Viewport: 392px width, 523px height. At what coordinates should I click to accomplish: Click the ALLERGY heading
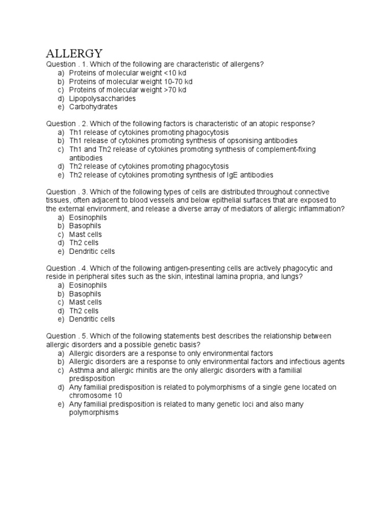pos(75,53)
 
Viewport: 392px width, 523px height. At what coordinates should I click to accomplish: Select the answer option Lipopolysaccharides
pos(102,99)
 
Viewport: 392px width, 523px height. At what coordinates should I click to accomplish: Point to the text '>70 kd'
pos(174,90)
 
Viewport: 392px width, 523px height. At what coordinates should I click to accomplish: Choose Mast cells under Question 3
pos(85,234)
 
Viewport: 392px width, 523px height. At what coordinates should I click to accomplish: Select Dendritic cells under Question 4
pos(92,319)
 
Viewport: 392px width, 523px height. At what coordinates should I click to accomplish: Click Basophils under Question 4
pos(85,294)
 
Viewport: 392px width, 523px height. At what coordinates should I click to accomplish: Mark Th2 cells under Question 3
pos(84,243)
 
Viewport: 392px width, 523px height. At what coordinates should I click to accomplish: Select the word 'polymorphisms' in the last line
pos(93,413)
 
